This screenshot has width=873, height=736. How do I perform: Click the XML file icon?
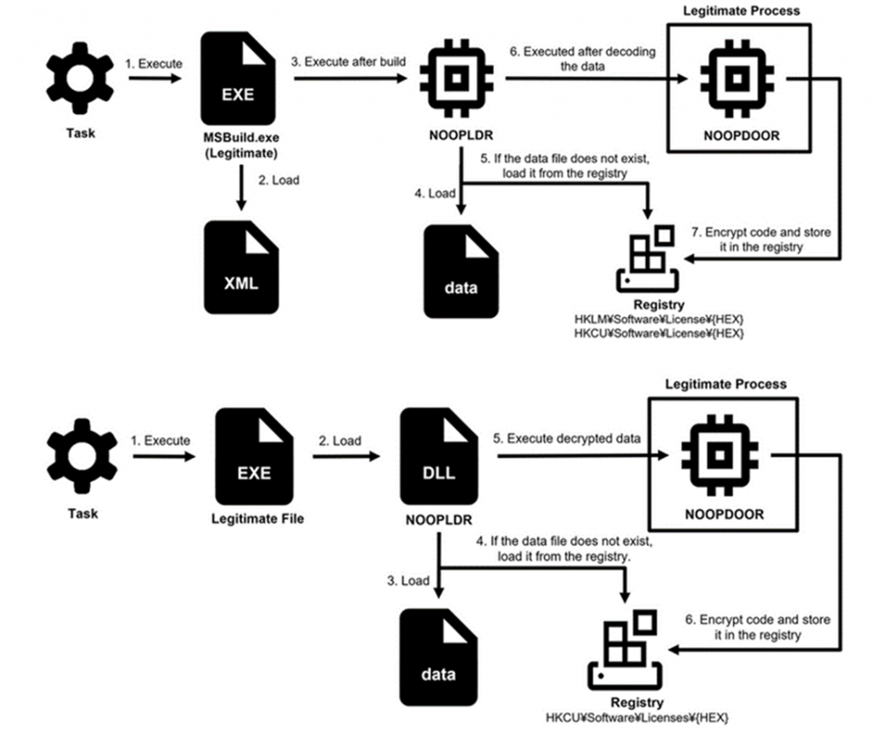tap(241, 267)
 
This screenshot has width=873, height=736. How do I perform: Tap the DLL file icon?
tap(439, 456)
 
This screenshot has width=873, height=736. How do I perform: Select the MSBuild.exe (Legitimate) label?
tap(241, 146)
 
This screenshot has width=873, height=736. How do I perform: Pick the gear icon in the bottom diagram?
tap(82, 455)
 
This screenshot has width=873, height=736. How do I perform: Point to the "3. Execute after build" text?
tap(349, 62)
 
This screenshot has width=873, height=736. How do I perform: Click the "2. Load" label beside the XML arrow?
tap(279, 180)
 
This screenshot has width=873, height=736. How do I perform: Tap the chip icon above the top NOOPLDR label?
tap(457, 78)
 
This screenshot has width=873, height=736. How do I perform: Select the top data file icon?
tap(461, 271)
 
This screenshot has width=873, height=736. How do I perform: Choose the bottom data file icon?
tap(439, 658)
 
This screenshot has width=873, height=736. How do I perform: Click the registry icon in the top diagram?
tap(648, 258)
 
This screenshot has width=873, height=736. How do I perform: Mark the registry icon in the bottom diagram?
tap(625, 650)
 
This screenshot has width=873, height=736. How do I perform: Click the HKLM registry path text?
tap(659, 319)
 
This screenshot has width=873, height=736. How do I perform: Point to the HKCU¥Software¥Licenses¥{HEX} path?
tap(637, 717)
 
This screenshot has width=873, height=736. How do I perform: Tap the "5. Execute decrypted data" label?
tap(567, 438)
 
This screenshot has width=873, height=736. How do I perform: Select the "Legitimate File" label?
tap(257, 519)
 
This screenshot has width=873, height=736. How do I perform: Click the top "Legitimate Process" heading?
tap(742, 10)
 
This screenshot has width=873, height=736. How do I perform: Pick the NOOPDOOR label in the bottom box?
tap(725, 514)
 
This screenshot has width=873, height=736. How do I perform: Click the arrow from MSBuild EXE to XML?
tap(241, 188)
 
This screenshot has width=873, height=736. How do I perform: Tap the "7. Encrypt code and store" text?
tap(761, 232)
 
